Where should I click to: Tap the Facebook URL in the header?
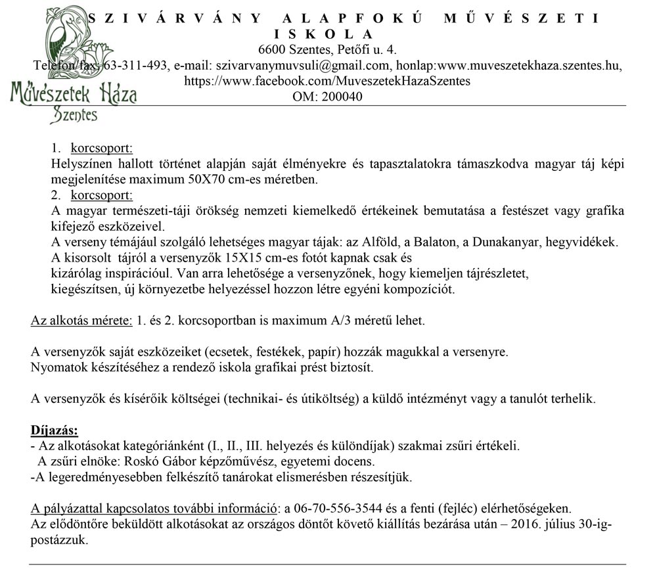tap(327, 81)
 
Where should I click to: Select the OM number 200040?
tap(340, 97)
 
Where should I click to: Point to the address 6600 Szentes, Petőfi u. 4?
tap(327, 50)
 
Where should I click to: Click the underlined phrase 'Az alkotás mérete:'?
tap(80, 321)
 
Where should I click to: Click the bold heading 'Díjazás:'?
tap(55, 431)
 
